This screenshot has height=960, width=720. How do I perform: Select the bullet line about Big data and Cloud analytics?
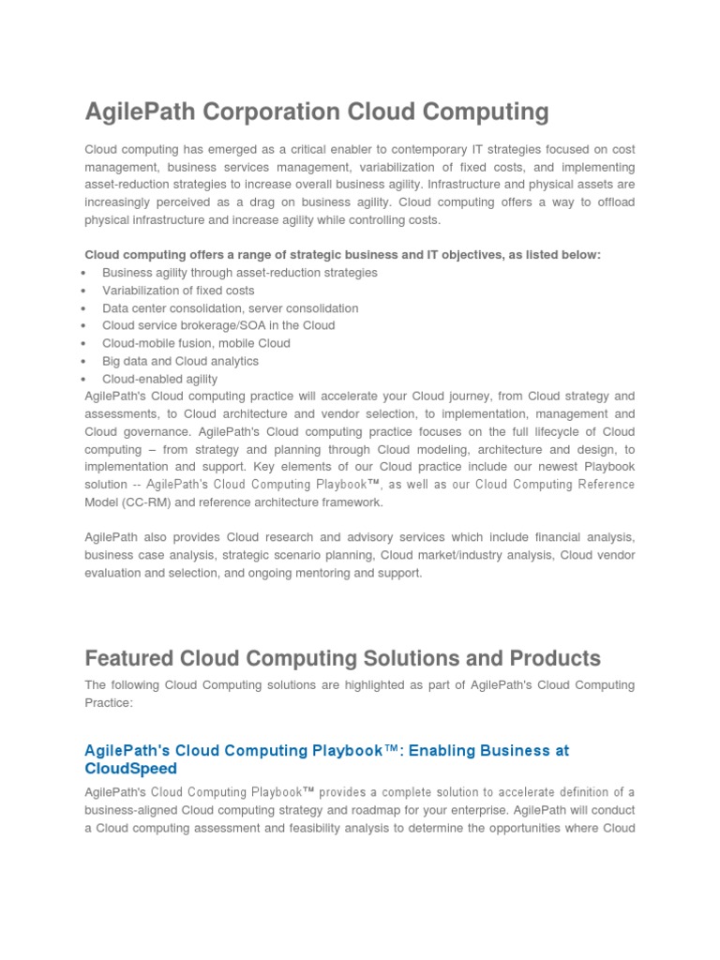point(180,361)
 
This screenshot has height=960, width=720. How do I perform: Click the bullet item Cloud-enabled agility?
point(159,379)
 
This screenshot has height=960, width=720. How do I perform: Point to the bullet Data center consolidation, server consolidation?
point(230,307)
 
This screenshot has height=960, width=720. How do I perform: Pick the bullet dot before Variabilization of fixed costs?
point(84,291)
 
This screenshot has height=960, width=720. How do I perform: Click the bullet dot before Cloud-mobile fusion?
point(84,343)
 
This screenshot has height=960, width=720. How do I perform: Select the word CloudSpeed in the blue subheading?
point(130,769)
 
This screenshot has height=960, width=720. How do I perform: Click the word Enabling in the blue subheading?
point(437,751)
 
